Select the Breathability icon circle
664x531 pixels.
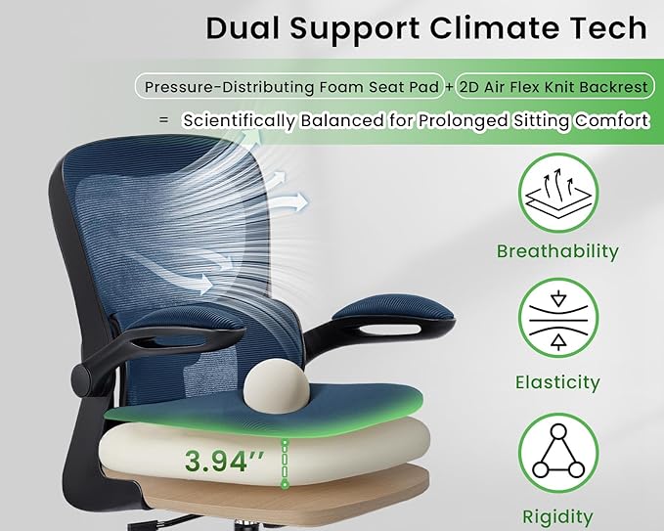pos(557,193)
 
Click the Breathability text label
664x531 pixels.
pos(557,251)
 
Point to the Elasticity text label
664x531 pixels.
pos(557,383)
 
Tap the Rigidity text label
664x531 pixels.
pos(557,516)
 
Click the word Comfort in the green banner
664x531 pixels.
pos(611,121)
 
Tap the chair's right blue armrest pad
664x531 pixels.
pos(393,315)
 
